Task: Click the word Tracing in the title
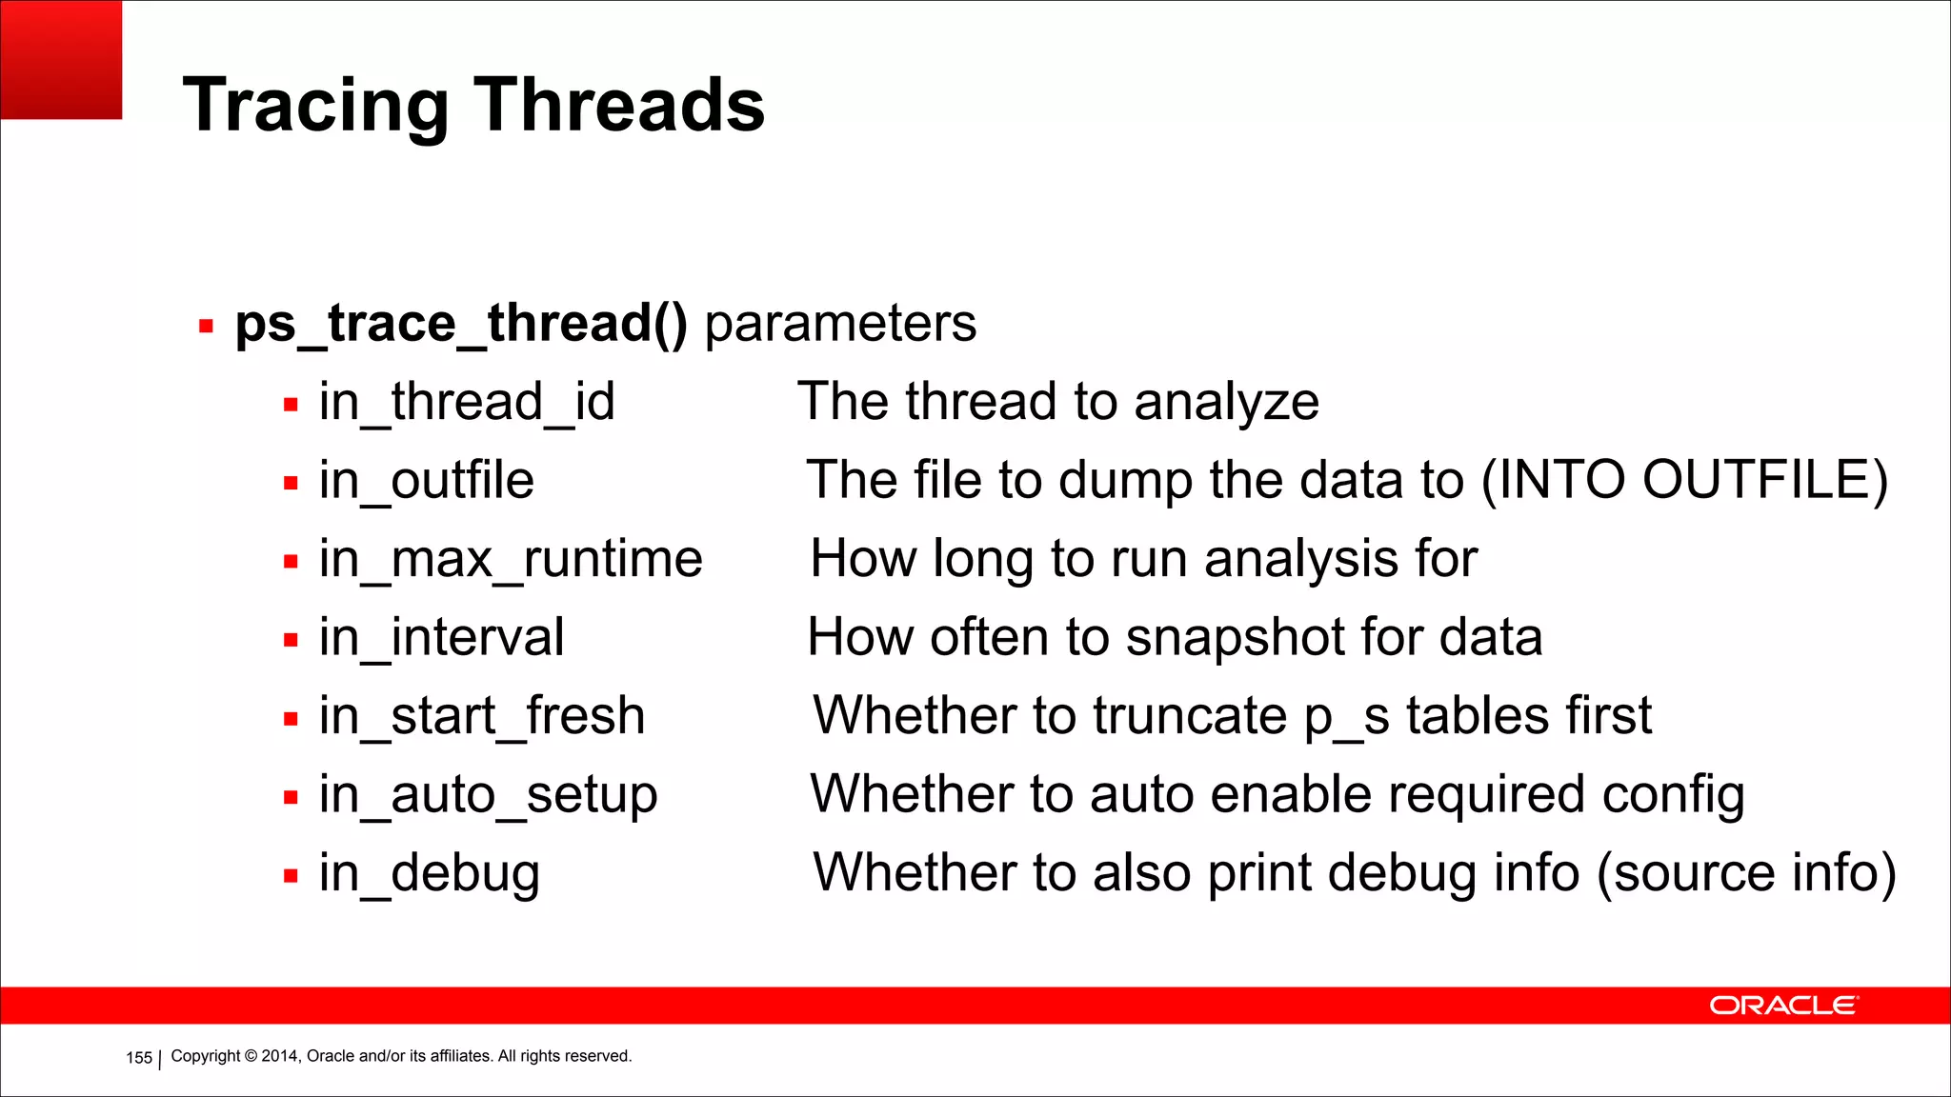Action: coord(314,106)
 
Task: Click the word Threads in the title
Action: coord(619,104)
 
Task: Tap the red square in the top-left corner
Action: coord(61,59)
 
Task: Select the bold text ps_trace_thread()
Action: coord(461,324)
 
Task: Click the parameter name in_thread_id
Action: coord(467,402)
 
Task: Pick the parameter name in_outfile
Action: coord(426,480)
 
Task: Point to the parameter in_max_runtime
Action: coord(511,559)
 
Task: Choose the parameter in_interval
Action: coord(441,637)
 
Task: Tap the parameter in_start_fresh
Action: coord(482,716)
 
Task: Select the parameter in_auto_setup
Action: coord(488,795)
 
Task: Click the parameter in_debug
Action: coord(429,873)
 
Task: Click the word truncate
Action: coord(1190,716)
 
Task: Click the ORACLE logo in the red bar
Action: coord(1782,1006)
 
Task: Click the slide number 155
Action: coord(139,1058)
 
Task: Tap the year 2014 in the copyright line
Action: coord(280,1056)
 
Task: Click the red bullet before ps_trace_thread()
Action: coord(206,327)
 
